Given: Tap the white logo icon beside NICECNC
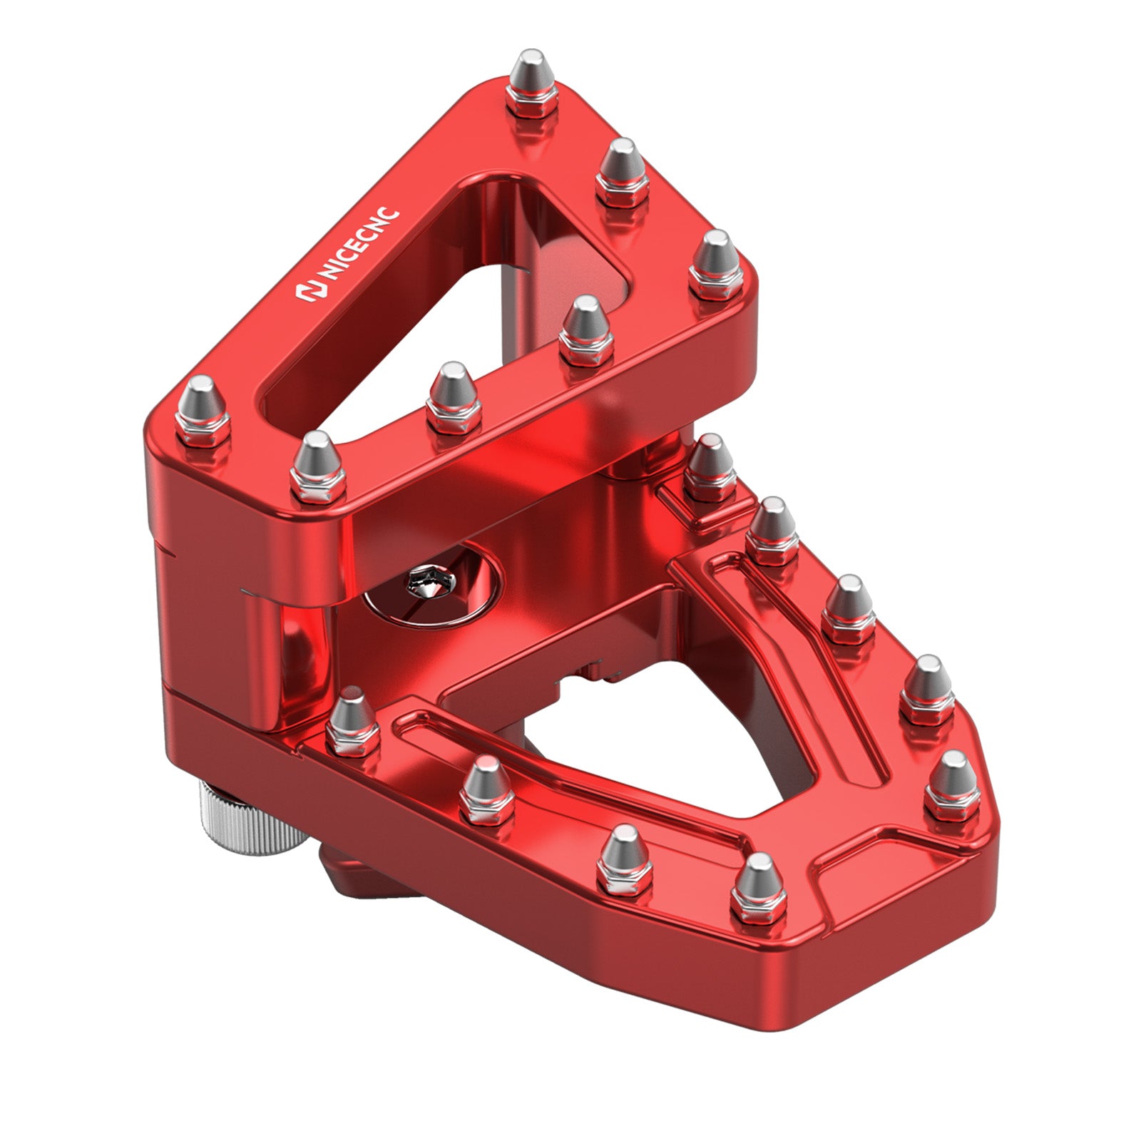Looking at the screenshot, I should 307,292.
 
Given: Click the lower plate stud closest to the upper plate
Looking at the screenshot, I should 709,467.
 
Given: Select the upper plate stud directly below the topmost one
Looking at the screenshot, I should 623,172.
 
